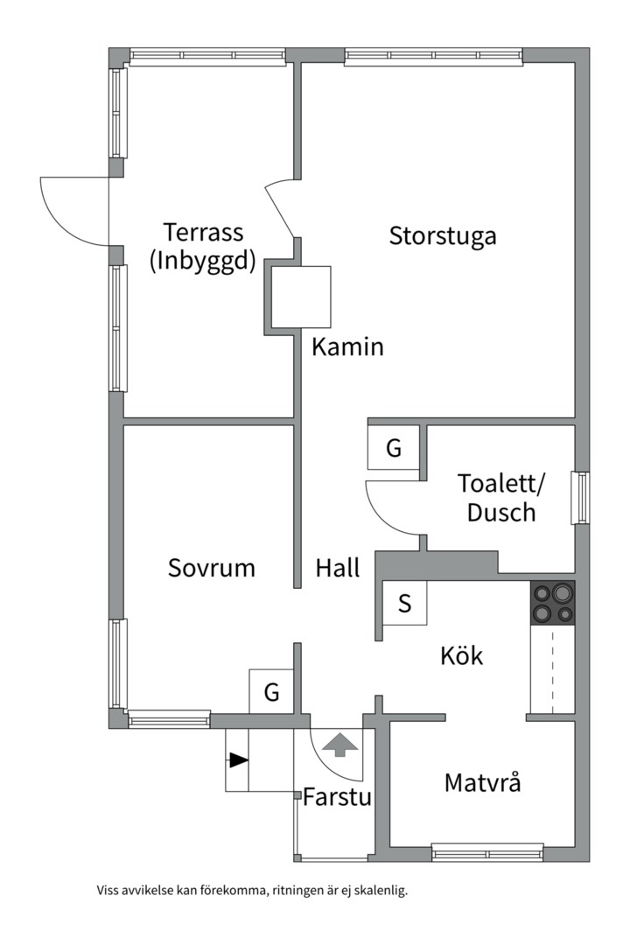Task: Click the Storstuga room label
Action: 443,235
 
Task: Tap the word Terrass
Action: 202,233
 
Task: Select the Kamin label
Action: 347,347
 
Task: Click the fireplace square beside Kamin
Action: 301,297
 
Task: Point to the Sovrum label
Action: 211,568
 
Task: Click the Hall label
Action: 337,569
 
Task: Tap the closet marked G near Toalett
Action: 394,449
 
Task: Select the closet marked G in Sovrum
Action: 272,693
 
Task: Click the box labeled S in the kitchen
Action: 404,604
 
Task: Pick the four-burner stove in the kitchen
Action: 553,603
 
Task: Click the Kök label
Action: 461,655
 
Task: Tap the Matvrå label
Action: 482,782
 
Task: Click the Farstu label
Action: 337,797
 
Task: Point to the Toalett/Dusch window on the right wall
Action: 579,498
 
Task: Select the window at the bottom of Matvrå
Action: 487,852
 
